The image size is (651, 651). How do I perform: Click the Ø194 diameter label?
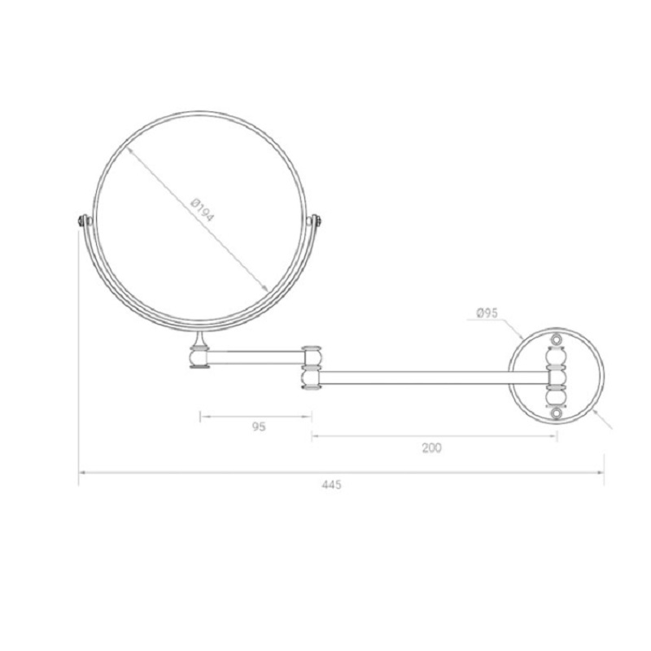point(202,211)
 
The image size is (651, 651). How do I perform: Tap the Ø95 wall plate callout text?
point(487,312)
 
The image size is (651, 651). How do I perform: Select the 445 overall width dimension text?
point(331,484)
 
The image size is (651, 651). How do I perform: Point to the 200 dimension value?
point(432,448)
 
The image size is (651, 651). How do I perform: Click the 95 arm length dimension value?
point(259,426)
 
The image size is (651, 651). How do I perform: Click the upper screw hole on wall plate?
point(556,339)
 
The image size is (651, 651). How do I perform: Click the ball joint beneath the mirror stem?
point(199,358)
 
